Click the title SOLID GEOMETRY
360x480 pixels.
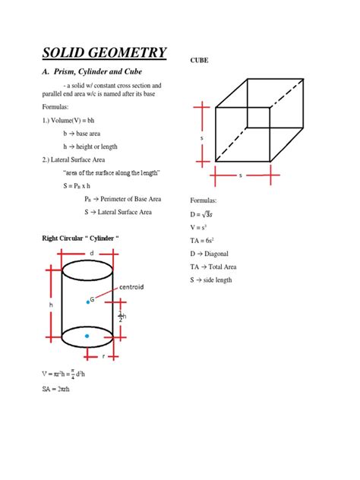(103, 52)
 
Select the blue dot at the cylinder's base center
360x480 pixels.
(87, 336)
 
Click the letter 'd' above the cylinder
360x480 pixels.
(91, 253)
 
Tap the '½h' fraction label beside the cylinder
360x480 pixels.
(120, 317)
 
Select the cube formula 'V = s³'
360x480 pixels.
(200, 227)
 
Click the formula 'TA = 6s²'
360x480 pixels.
(204, 240)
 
